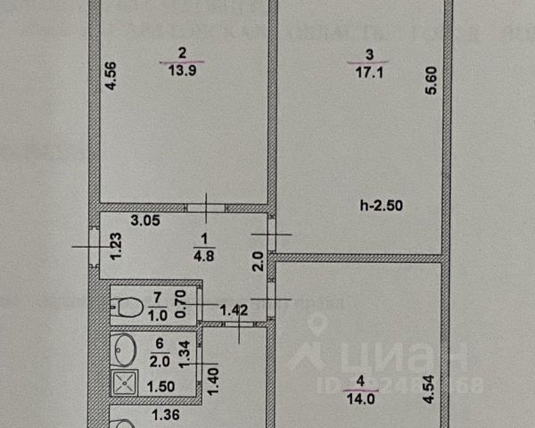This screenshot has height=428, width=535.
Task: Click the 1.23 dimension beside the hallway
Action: [114, 246]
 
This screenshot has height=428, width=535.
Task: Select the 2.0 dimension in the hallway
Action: [257, 262]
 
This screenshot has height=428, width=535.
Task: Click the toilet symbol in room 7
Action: [129, 308]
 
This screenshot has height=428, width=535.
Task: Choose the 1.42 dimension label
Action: [233, 310]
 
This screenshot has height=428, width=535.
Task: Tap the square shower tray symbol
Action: [123, 384]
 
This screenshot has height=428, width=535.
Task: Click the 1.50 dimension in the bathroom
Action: [160, 385]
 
